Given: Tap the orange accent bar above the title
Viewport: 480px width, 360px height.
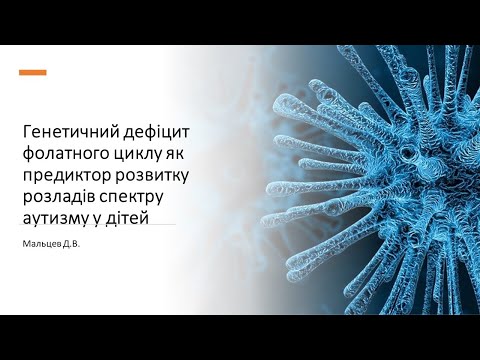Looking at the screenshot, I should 33,73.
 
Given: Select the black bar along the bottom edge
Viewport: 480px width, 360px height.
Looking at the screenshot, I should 240,337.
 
